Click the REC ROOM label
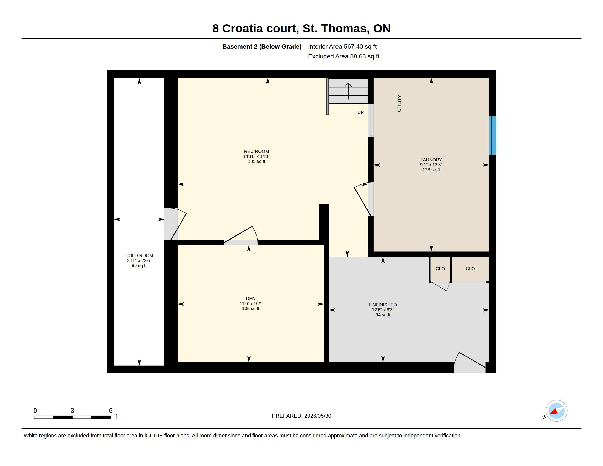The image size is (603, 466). point(256,151)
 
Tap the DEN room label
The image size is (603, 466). point(251,299)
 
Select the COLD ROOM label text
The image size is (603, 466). point(139,256)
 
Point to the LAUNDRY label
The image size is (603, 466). point(431,160)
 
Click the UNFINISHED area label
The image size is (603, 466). point(383,305)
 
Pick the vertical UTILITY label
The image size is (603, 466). point(399,103)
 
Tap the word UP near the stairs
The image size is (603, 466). point(360,112)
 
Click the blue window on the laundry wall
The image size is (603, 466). point(493,135)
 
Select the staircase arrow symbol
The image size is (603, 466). point(348,91)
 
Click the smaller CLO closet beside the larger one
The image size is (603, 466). point(440,269)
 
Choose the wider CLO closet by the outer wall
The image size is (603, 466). point(470,269)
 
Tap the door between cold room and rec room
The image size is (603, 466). point(175,224)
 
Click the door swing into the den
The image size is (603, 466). point(241,235)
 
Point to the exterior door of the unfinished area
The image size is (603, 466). point(470,362)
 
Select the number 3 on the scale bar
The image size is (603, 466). point(72,411)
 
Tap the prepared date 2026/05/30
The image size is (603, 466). point(317,416)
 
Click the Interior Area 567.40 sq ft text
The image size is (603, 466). point(342,46)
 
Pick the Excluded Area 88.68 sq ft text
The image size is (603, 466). point(343,56)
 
